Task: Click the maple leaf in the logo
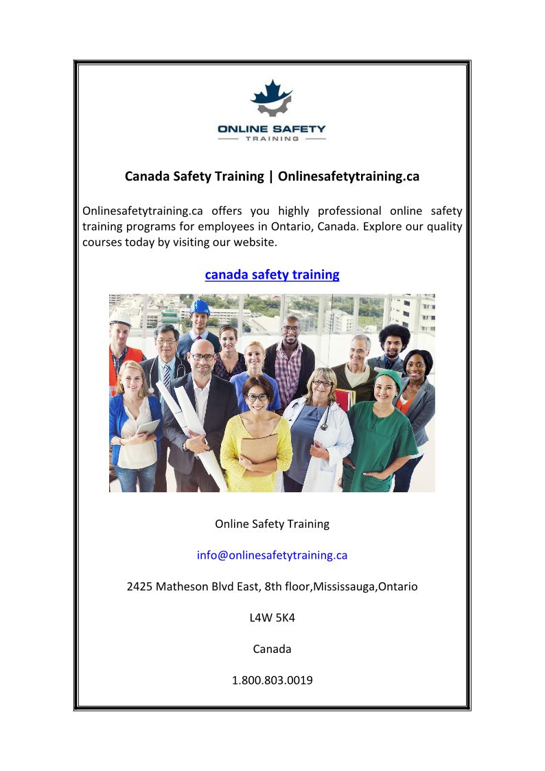point(272,93)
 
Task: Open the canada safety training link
point(272,275)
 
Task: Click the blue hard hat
point(200,307)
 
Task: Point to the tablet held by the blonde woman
point(148,427)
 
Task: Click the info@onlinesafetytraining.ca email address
point(272,555)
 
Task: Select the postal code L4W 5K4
point(272,618)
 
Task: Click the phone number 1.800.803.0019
point(272,680)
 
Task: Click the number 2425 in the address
point(140,587)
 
